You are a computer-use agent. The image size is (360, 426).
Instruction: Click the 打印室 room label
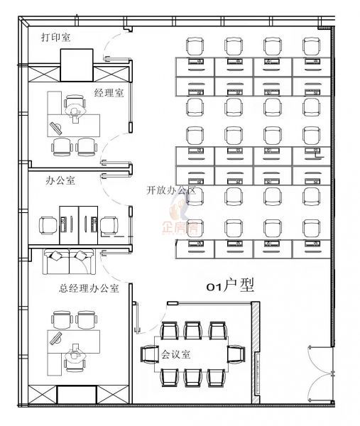(x=55, y=37)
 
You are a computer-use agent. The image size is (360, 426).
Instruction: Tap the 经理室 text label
(x=109, y=93)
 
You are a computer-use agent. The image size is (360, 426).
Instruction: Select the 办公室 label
(x=60, y=180)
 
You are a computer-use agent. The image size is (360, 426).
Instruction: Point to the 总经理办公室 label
(x=89, y=288)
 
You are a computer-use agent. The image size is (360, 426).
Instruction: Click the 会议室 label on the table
(x=176, y=354)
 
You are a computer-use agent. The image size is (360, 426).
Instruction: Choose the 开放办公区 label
(x=171, y=190)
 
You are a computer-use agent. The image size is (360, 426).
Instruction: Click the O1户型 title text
(x=230, y=286)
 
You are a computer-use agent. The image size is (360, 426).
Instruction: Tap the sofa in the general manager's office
(x=69, y=261)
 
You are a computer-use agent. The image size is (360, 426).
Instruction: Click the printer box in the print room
(x=77, y=65)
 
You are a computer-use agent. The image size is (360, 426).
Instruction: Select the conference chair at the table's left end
(x=149, y=354)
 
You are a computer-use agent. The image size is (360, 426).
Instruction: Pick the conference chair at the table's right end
(x=236, y=354)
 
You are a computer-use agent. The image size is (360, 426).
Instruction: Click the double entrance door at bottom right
(x=322, y=374)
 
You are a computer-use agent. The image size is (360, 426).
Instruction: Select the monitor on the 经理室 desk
(x=56, y=129)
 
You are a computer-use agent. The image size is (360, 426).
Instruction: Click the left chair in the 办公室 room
(x=48, y=226)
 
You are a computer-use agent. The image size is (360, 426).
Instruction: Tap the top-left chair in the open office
(x=195, y=46)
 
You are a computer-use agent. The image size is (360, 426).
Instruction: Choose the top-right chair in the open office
(x=312, y=46)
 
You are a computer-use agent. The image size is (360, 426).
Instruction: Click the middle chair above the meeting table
(x=192, y=330)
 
